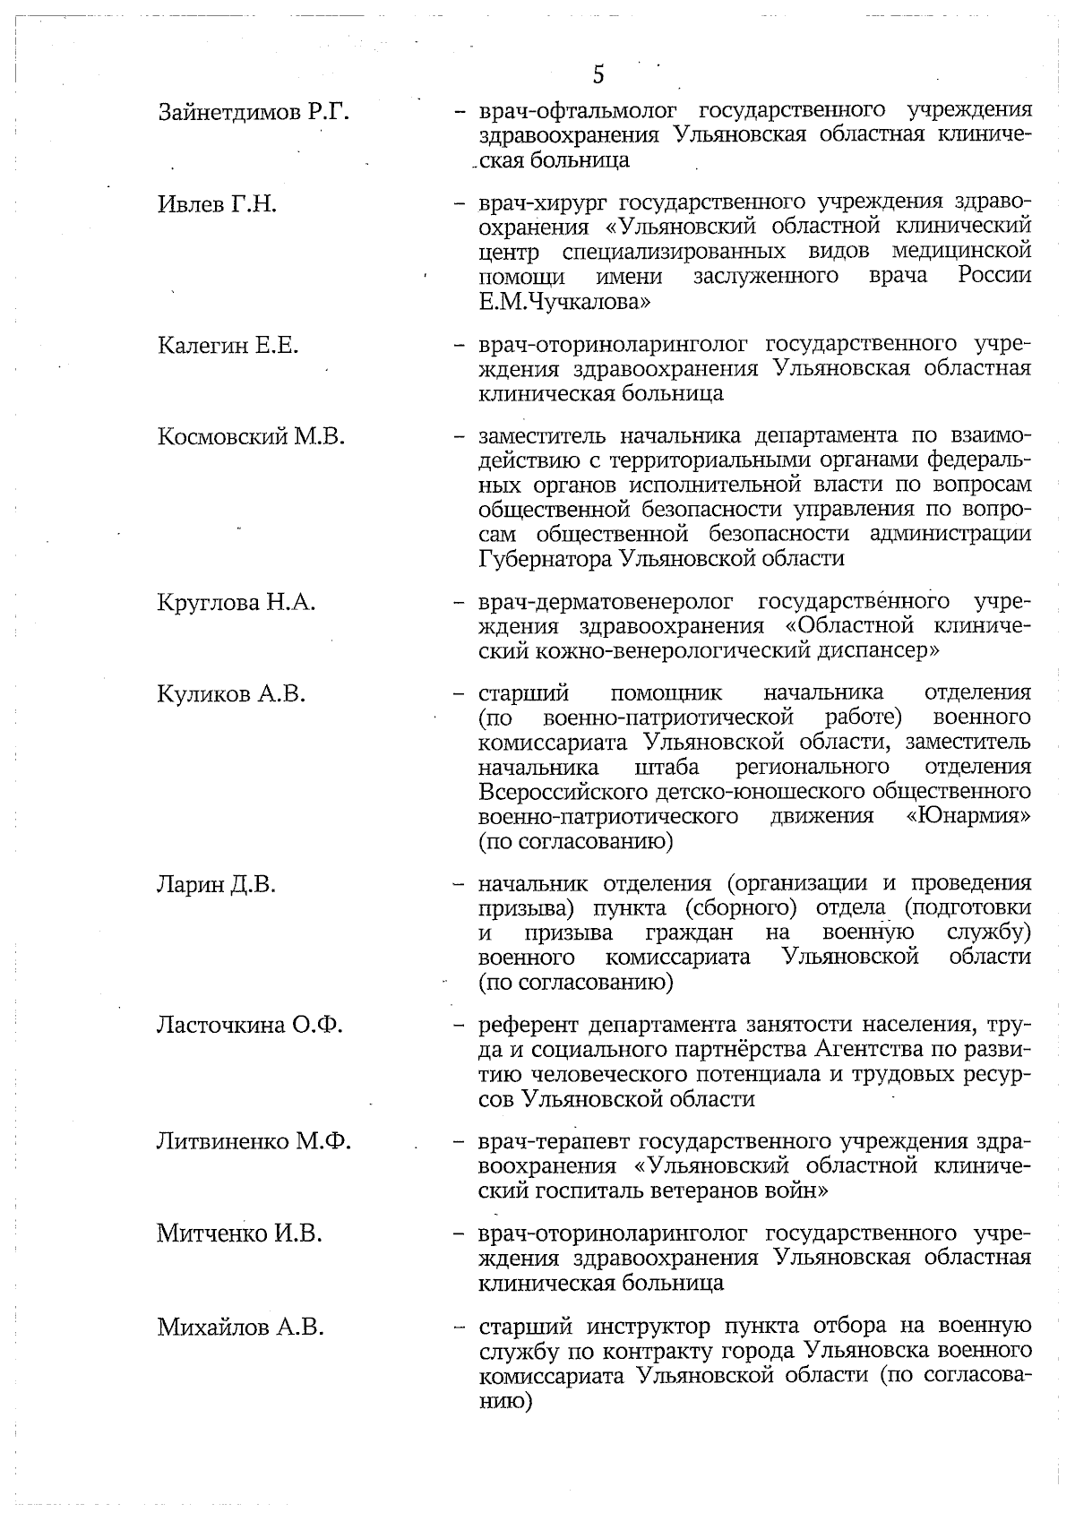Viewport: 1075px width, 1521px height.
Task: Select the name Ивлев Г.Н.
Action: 217,204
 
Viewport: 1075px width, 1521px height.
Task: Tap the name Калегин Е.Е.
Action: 228,345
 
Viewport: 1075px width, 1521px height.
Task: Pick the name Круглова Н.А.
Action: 236,602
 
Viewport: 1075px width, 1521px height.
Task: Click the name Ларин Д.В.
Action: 216,885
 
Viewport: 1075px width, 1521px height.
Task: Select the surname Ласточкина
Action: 220,1025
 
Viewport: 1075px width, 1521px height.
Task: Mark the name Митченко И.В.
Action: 239,1234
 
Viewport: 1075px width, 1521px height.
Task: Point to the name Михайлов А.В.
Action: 240,1327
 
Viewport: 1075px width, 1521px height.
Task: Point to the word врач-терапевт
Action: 555,1142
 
